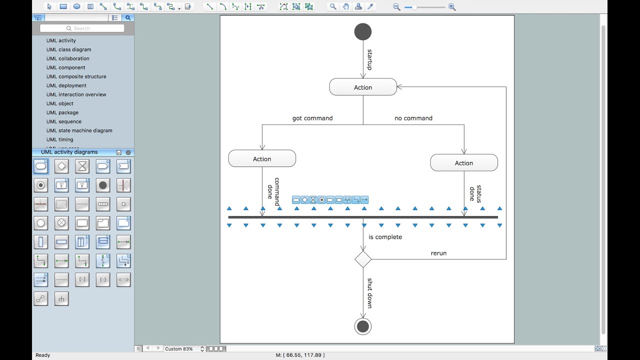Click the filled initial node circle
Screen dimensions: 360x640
(x=363, y=32)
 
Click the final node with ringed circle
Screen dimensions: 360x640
(x=363, y=326)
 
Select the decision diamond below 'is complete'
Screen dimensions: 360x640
(x=363, y=259)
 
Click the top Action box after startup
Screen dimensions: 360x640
(x=363, y=87)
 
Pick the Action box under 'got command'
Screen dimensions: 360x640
(x=262, y=158)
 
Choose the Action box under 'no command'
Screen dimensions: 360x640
(x=464, y=162)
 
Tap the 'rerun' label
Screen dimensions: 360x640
(x=438, y=253)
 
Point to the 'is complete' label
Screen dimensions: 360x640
(x=385, y=237)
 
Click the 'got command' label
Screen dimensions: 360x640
(x=312, y=118)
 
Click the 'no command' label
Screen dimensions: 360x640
(x=413, y=118)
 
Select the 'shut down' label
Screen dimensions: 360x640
(x=370, y=293)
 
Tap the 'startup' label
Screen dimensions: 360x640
(x=370, y=59)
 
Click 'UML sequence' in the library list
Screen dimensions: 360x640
(x=63, y=121)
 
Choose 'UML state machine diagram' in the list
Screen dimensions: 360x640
(x=79, y=130)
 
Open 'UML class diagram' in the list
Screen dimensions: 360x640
(x=68, y=49)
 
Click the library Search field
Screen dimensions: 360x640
(x=82, y=28)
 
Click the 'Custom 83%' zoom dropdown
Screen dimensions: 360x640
(x=184, y=348)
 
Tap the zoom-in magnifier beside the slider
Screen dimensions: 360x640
(x=452, y=7)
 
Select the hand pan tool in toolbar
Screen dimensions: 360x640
(x=346, y=6)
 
